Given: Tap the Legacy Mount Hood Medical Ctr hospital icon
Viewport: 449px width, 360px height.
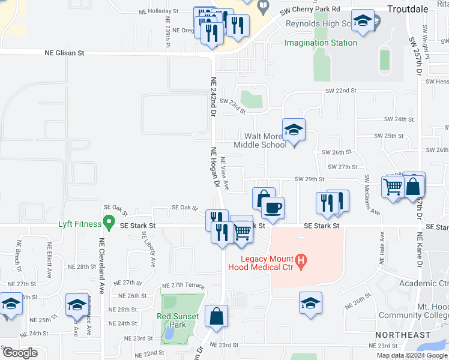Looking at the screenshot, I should [x=303, y=262].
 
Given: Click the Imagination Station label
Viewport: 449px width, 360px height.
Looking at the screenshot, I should [x=321, y=43].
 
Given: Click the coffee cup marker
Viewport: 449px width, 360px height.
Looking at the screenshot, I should [x=273, y=208].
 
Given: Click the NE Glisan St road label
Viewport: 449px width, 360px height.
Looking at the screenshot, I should [x=64, y=53].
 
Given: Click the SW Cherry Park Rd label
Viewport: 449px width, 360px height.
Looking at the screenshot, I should [x=310, y=10].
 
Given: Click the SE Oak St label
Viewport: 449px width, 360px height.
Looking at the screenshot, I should [x=184, y=208].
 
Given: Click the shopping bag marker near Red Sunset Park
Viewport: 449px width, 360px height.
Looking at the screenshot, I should [x=216, y=316].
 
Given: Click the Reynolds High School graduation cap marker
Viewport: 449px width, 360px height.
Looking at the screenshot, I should [x=363, y=22].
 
